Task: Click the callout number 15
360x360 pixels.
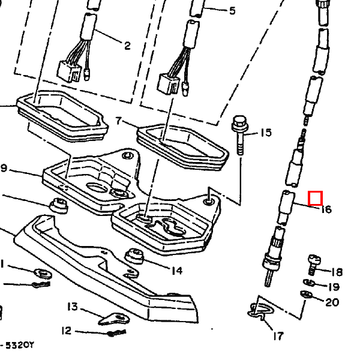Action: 265,133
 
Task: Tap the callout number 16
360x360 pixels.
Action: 326,209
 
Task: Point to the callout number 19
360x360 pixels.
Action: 333,287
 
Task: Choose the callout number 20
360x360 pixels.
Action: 332,302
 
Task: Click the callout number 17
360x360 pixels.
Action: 278,336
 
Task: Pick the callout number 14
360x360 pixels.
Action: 176,271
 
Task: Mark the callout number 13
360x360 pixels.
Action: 72,307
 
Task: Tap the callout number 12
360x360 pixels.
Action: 66,331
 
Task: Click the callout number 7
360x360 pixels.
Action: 119,122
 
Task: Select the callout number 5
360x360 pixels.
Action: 232,11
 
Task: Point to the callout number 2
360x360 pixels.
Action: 127,46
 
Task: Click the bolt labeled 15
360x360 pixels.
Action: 239,134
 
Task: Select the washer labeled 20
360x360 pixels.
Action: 304,294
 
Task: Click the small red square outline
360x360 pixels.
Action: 316,198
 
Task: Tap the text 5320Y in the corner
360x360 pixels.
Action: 19,345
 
